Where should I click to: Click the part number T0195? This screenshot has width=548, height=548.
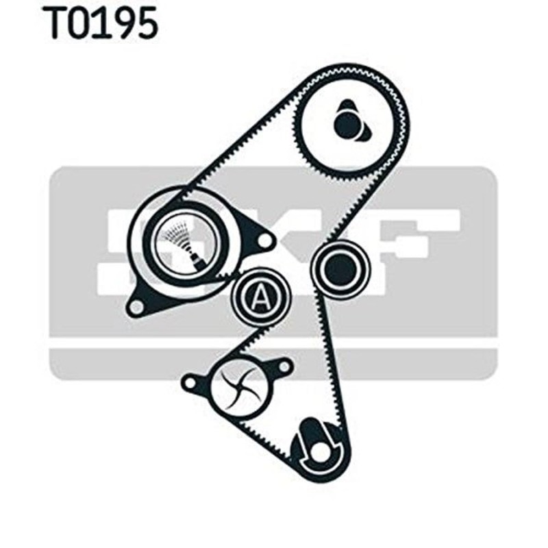[102, 23]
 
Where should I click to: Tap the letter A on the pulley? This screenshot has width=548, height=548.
[260, 296]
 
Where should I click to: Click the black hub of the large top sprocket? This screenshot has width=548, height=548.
[348, 124]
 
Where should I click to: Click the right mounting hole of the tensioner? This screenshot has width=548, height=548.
[263, 240]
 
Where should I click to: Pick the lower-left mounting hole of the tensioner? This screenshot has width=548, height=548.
[137, 306]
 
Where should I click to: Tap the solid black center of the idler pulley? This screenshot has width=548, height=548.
[338, 269]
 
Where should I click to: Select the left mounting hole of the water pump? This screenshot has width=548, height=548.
[190, 379]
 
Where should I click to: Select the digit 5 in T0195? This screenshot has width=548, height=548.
[146, 23]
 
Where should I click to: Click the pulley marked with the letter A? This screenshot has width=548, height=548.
[260, 296]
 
